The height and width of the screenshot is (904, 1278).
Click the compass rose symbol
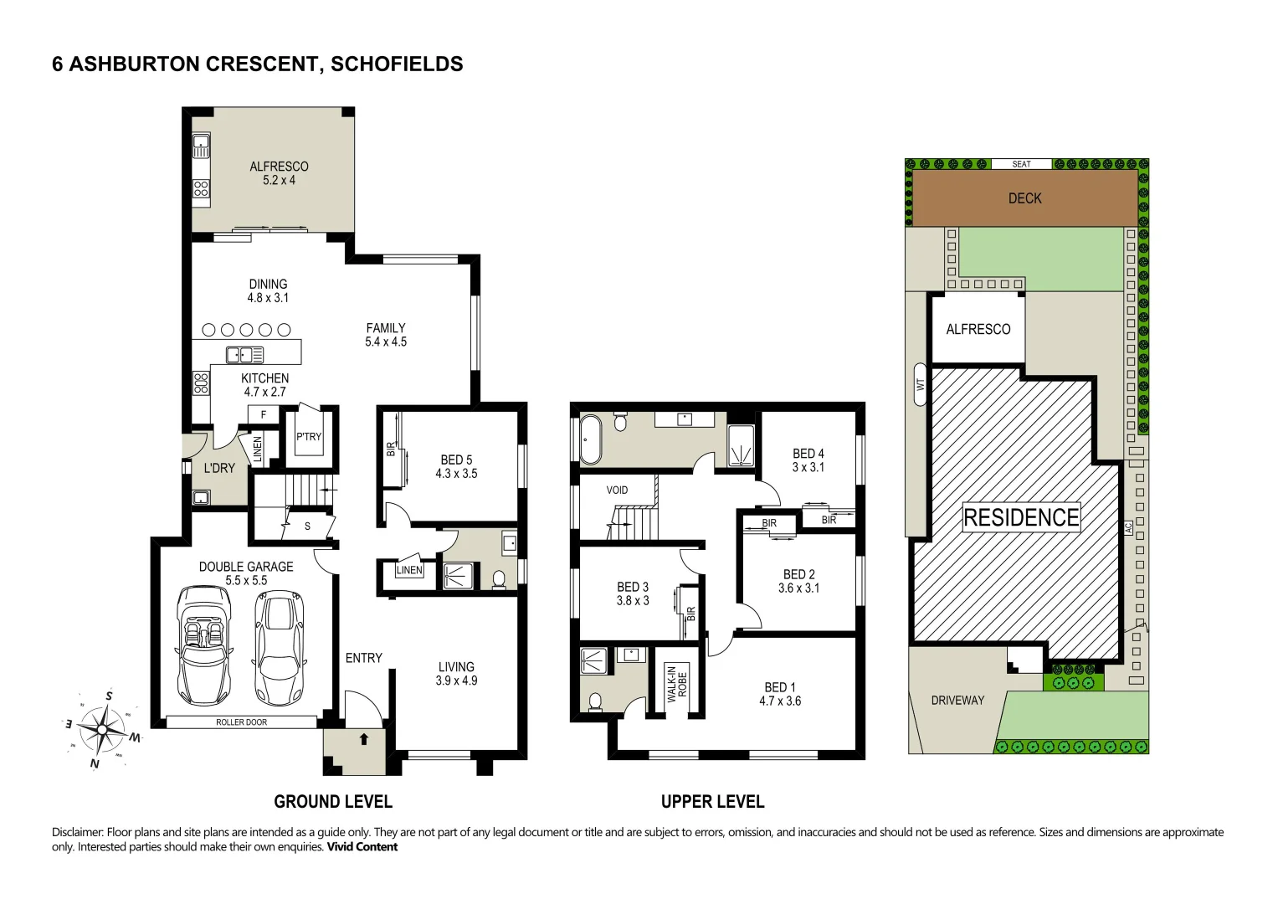102,729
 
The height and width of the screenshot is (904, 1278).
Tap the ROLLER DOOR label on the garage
241,722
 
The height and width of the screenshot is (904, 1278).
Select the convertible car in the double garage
204,645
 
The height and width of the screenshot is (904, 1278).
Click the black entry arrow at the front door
363,740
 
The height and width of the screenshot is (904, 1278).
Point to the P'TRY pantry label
309,437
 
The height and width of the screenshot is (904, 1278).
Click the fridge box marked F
263,414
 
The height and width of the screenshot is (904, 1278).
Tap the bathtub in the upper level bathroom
591,439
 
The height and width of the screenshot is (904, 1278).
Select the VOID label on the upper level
617,491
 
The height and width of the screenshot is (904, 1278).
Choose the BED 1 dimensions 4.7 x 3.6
780,701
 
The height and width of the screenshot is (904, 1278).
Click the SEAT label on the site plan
1021,164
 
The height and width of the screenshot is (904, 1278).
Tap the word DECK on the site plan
1024,198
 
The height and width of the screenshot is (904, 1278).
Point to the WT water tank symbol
920,385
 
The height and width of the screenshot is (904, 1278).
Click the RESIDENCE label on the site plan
1021,517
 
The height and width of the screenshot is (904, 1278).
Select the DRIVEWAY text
957,701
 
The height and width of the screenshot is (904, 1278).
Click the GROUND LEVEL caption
333,802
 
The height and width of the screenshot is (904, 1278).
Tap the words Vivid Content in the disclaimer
362,847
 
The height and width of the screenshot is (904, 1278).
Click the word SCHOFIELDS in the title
397,64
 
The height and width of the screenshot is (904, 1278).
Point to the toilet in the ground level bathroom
499,580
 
